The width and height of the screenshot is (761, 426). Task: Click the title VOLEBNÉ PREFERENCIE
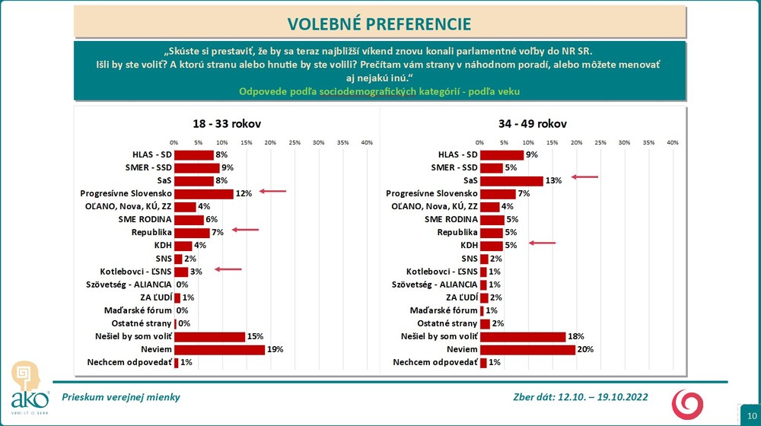[x=379, y=23]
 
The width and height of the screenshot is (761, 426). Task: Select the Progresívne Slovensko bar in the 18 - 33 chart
[x=203, y=194]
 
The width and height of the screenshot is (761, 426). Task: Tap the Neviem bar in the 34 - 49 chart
[x=527, y=349]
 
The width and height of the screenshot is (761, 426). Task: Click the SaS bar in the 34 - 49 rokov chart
[x=511, y=181]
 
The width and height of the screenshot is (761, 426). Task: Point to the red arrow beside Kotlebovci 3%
[x=228, y=269]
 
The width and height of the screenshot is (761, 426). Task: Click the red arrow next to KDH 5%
[x=543, y=243]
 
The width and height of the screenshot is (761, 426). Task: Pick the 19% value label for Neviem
[x=274, y=349]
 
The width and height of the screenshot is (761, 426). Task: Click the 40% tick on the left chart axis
[x=366, y=142]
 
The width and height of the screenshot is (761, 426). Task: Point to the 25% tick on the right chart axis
[x=600, y=142]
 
